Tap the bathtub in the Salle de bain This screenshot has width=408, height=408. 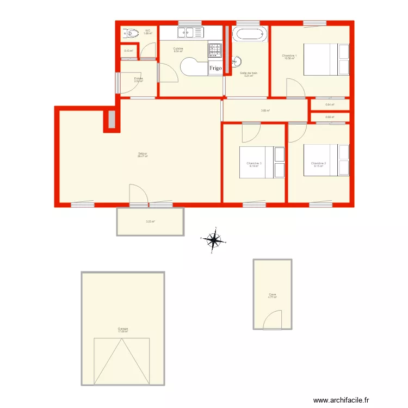coord(250,34)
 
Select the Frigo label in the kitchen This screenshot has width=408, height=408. coord(215,69)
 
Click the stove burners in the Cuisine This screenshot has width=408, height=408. coord(215,51)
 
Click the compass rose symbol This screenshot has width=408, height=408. coord(214,239)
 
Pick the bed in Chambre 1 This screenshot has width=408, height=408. coord(325,59)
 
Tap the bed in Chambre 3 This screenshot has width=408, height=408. coord(262,162)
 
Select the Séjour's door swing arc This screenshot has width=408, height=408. coord(138,193)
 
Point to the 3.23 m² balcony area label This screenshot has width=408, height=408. coord(150,221)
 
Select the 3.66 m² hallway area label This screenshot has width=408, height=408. coord(265,110)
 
